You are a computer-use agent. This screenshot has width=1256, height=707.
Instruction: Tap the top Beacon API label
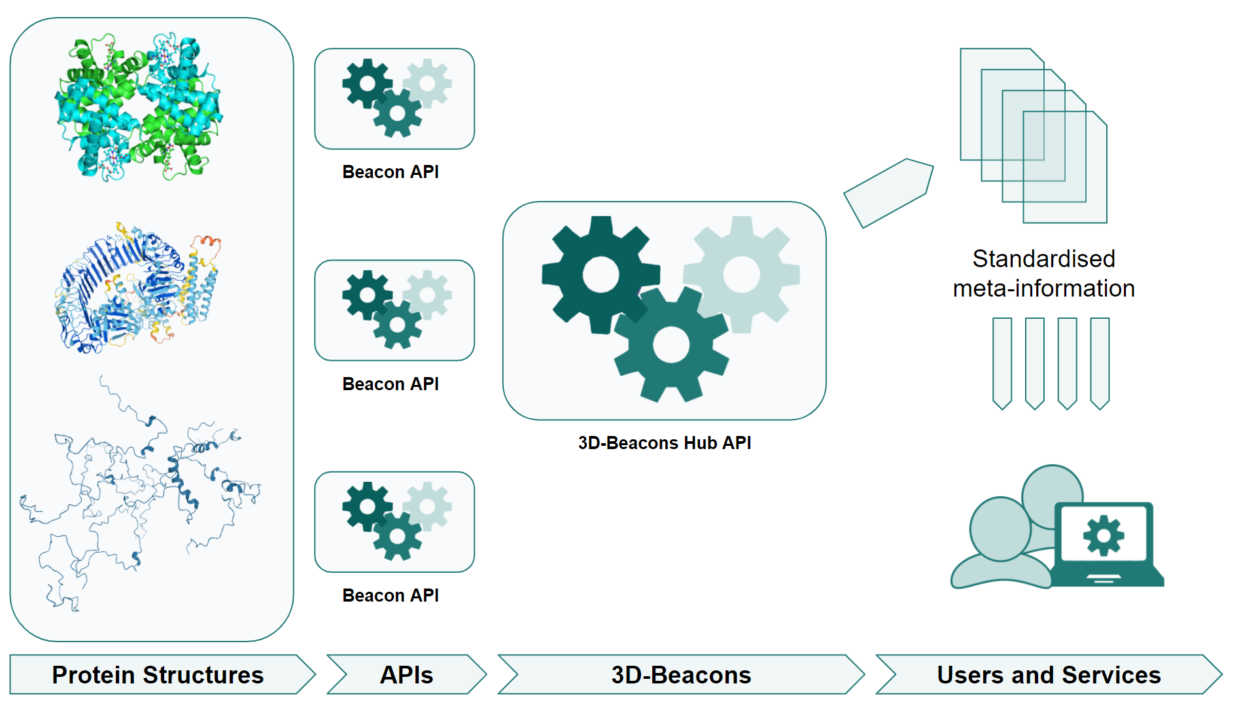(x=391, y=172)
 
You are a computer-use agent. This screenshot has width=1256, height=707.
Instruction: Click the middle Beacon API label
(x=391, y=384)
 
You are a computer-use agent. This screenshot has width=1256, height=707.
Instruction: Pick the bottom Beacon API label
(x=391, y=596)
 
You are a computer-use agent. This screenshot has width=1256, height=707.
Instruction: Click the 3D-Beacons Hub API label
(x=664, y=443)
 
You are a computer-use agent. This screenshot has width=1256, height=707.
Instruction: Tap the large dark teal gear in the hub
(x=600, y=274)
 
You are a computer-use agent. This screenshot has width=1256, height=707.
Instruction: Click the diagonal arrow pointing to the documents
(x=888, y=192)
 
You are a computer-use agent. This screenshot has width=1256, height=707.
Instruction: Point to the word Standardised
(x=1043, y=259)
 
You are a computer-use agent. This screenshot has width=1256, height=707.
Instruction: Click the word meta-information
(x=1043, y=289)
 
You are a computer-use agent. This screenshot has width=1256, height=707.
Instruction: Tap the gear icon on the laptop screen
(x=1104, y=535)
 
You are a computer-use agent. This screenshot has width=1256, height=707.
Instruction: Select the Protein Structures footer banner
(x=158, y=675)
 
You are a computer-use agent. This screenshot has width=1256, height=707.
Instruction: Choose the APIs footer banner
(x=406, y=675)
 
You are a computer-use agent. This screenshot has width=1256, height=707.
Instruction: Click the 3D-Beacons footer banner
(x=680, y=675)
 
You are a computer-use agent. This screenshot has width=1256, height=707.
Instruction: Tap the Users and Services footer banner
(x=1048, y=675)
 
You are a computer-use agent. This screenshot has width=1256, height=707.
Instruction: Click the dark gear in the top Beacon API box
(x=368, y=84)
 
